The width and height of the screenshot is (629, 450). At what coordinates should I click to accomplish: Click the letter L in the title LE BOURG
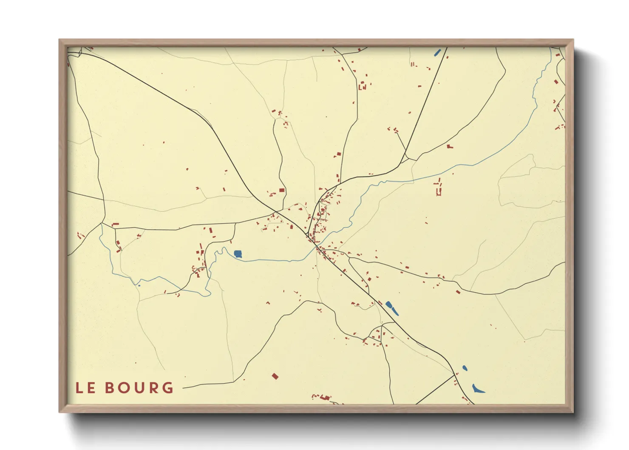pos(79,388)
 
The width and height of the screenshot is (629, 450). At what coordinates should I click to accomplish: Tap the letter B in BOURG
pos(110,388)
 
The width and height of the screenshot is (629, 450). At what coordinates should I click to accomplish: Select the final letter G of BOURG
pos(168,388)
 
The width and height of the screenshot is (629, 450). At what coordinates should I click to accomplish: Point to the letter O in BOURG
pos(124,388)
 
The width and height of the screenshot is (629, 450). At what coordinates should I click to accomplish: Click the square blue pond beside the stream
pos(238,254)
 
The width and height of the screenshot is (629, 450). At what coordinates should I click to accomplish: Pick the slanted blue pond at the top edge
pos(437,53)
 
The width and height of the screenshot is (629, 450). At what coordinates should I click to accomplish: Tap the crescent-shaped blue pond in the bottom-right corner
pos(478,389)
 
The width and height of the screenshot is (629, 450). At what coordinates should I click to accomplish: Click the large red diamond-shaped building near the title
pos(275,376)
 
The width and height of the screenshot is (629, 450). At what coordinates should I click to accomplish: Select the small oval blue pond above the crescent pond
pos(465,368)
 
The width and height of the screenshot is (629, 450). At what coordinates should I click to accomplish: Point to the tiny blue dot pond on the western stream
pos(139,285)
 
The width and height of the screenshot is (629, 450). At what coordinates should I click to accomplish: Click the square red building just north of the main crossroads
pos(281,191)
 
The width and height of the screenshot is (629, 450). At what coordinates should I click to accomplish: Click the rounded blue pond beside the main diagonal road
pos(388,304)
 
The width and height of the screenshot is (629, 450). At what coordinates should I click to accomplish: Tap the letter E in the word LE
pos(91,388)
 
